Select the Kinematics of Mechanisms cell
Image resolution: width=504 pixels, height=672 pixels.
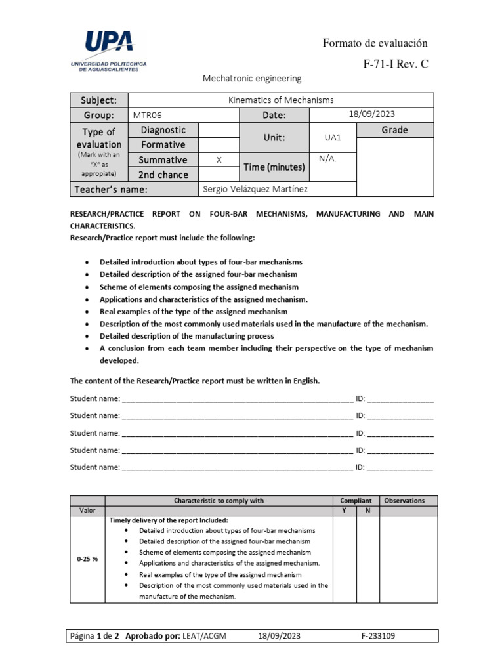tap(280, 100)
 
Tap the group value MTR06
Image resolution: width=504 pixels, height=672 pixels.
tap(147, 115)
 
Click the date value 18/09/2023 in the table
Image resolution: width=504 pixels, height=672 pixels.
tap(370, 115)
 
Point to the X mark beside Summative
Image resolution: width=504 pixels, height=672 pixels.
tap(219, 159)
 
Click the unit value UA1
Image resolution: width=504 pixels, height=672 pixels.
tap(332, 138)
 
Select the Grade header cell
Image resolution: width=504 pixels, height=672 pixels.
tap(394, 130)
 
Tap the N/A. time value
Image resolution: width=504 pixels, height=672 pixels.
tap(327, 159)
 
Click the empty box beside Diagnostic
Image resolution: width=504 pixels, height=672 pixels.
tap(219, 130)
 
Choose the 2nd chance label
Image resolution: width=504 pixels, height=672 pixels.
tap(163, 175)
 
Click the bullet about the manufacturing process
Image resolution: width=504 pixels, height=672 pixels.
tap(186, 336)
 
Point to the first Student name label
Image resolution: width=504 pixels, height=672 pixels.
tap(95, 398)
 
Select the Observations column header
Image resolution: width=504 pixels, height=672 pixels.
tap(404, 501)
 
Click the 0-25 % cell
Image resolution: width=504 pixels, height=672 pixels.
tap(87, 559)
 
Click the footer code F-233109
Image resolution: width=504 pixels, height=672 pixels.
tap(378, 636)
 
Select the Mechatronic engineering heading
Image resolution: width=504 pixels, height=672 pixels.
tap(251, 79)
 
